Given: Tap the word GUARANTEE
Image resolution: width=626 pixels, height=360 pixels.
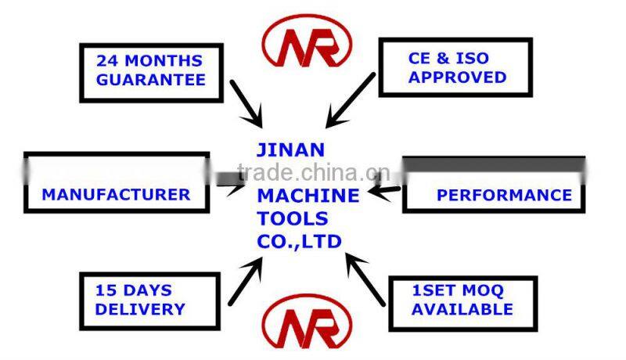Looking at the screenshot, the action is [x=151, y=79].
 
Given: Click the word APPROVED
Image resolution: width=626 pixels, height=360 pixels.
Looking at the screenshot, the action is [x=458, y=77].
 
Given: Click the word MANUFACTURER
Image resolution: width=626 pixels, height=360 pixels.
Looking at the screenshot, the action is [x=116, y=194].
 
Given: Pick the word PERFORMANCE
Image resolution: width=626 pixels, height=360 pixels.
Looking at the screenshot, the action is [x=504, y=195].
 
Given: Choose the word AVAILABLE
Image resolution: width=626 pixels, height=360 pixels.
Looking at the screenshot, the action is [x=462, y=309].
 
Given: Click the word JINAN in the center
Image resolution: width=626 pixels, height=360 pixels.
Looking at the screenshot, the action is [x=290, y=149].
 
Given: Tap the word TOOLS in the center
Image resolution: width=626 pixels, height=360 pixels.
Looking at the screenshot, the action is [x=293, y=218].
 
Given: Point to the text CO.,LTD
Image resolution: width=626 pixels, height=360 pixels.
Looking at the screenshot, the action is [x=300, y=242].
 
